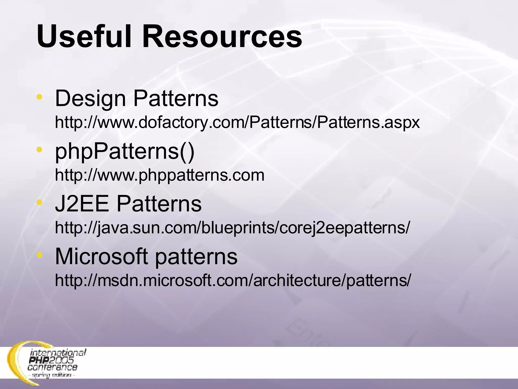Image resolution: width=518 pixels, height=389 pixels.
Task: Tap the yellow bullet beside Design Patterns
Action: tap(39, 97)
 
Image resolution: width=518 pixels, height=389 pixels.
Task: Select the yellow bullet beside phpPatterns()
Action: tap(39, 149)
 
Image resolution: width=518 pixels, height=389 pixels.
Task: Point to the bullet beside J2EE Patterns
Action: tap(39, 202)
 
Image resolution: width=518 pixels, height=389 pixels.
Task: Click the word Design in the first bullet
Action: tap(90, 99)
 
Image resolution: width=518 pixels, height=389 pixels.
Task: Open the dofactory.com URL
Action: tap(237, 123)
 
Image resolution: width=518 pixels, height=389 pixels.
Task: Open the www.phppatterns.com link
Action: tap(160, 175)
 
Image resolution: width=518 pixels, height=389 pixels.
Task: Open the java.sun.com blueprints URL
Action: tap(232, 228)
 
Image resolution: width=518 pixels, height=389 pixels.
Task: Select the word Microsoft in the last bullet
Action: tap(101, 257)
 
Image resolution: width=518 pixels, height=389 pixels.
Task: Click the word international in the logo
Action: tap(58, 353)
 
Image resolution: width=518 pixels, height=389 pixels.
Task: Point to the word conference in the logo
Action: tap(52, 367)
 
